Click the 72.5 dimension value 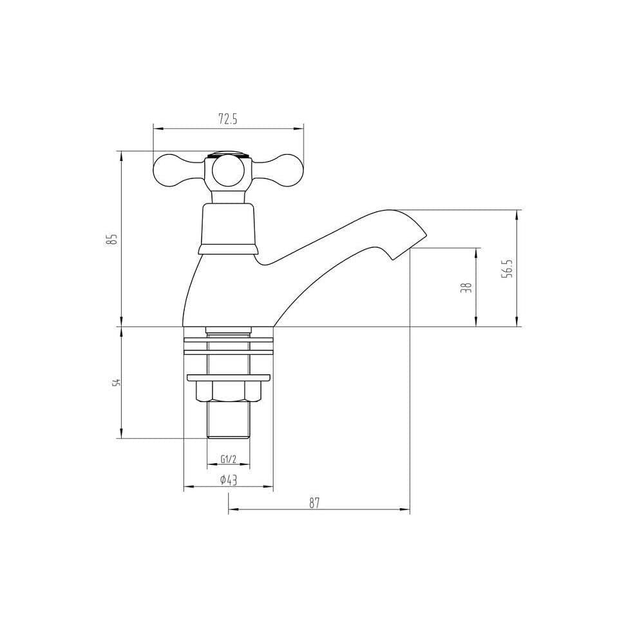point(228,119)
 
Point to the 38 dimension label point(466,287)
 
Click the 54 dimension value point(116,383)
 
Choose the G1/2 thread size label point(228,459)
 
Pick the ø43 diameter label point(228,480)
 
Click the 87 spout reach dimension point(314,503)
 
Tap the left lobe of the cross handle point(169,171)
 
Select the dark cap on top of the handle point(227,155)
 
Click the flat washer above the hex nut point(228,377)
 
